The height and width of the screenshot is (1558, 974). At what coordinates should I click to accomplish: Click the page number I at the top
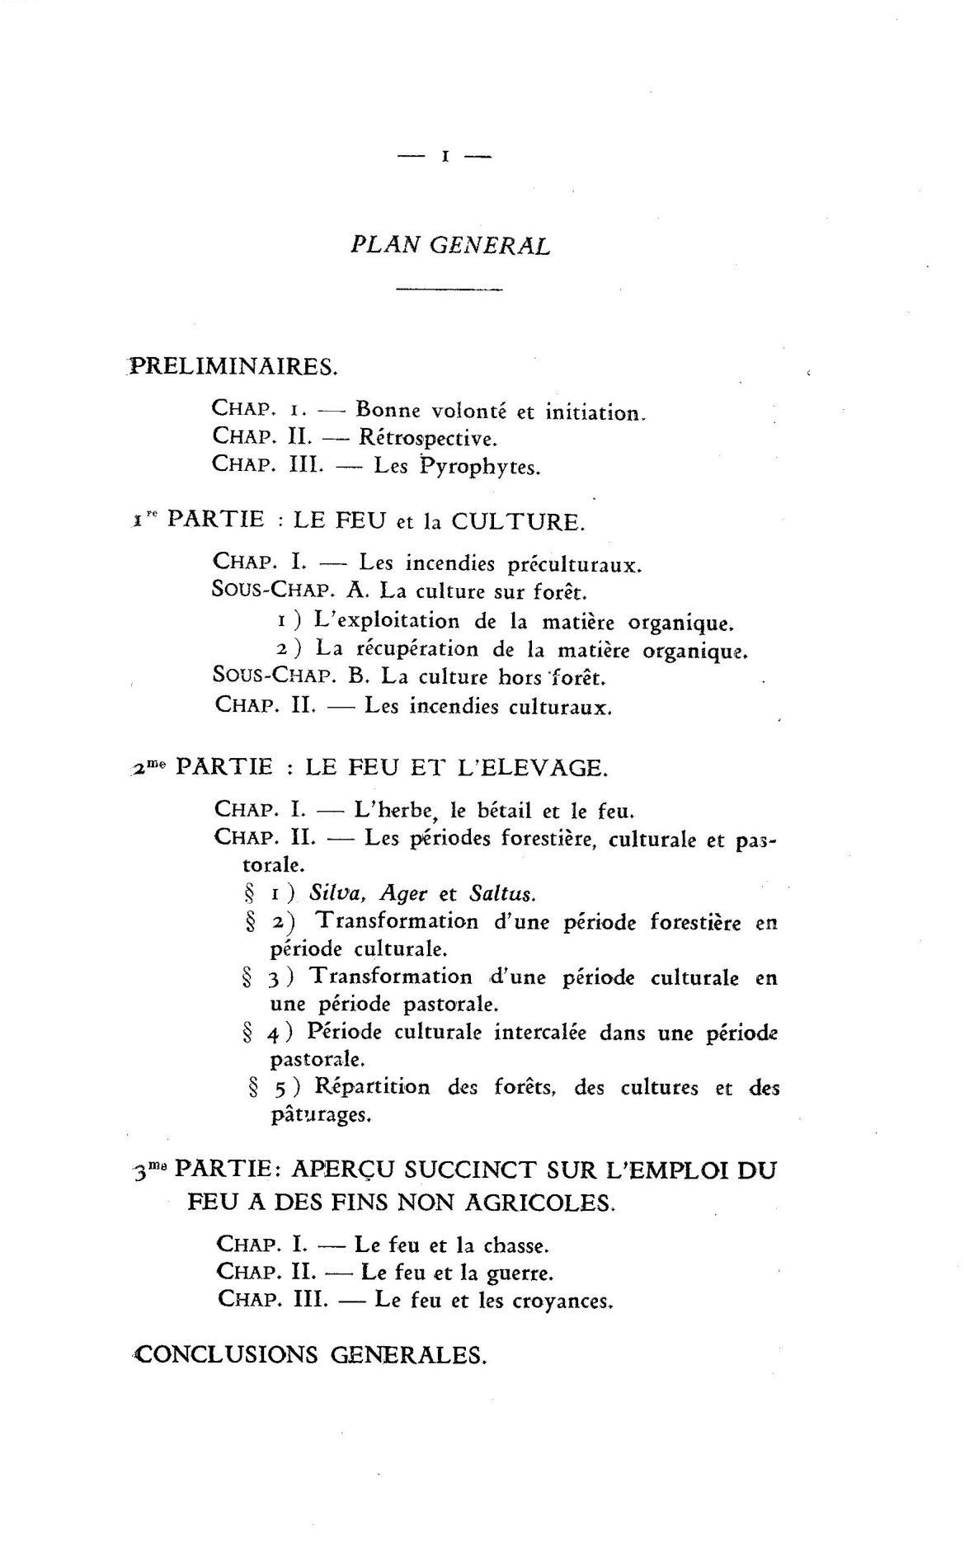pos(445,157)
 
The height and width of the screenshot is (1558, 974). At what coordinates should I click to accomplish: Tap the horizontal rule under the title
pos(449,289)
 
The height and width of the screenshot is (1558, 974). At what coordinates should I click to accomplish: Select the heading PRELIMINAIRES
pos(233,366)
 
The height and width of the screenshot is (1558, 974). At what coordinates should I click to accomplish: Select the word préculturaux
pos(574,565)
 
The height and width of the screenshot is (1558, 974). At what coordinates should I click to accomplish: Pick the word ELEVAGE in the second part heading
pos(539,768)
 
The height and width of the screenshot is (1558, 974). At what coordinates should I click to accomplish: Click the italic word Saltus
pos(502,893)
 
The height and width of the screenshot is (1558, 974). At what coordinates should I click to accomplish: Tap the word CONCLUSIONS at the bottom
pos(226,1354)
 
